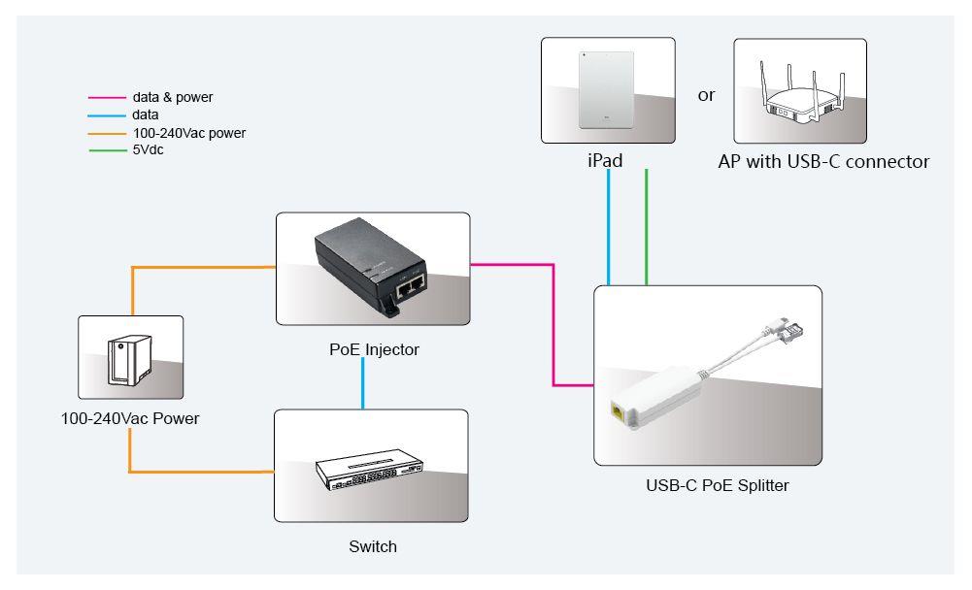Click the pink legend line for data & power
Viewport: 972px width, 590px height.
point(107,98)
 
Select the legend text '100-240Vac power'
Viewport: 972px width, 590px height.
point(189,133)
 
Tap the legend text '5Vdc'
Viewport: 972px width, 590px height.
point(148,150)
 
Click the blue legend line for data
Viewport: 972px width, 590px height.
point(107,115)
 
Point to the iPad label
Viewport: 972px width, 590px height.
point(605,161)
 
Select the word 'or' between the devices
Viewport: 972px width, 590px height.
point(706,95)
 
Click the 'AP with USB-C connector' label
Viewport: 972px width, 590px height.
point(823,161)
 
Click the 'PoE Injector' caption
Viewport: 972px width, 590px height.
point(374,349)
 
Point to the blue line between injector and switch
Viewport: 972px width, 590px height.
point(362,383)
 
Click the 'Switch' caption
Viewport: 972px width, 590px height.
point(373,546)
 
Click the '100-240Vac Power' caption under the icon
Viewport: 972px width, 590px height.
point(129,419)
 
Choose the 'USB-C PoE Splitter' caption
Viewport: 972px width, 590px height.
point(717,485)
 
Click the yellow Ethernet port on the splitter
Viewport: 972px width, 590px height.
point(618,411)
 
